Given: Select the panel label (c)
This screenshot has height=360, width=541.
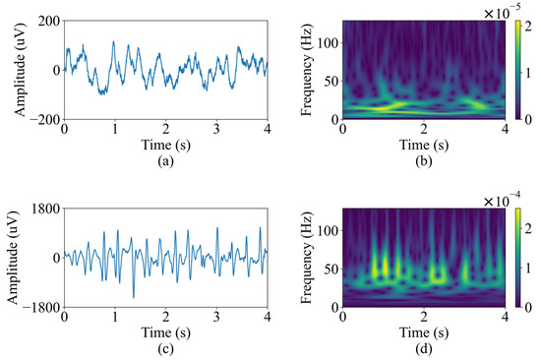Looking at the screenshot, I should pyautogui.click(x=165, y=346).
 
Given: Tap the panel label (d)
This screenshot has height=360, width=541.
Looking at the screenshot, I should pyautogui.click(x=423, y=346).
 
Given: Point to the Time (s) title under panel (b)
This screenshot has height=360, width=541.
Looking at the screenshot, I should pyautogui.click(x=423, y=144).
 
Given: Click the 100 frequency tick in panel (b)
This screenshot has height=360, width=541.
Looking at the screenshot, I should pyautogui.click(x=329, y=39).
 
